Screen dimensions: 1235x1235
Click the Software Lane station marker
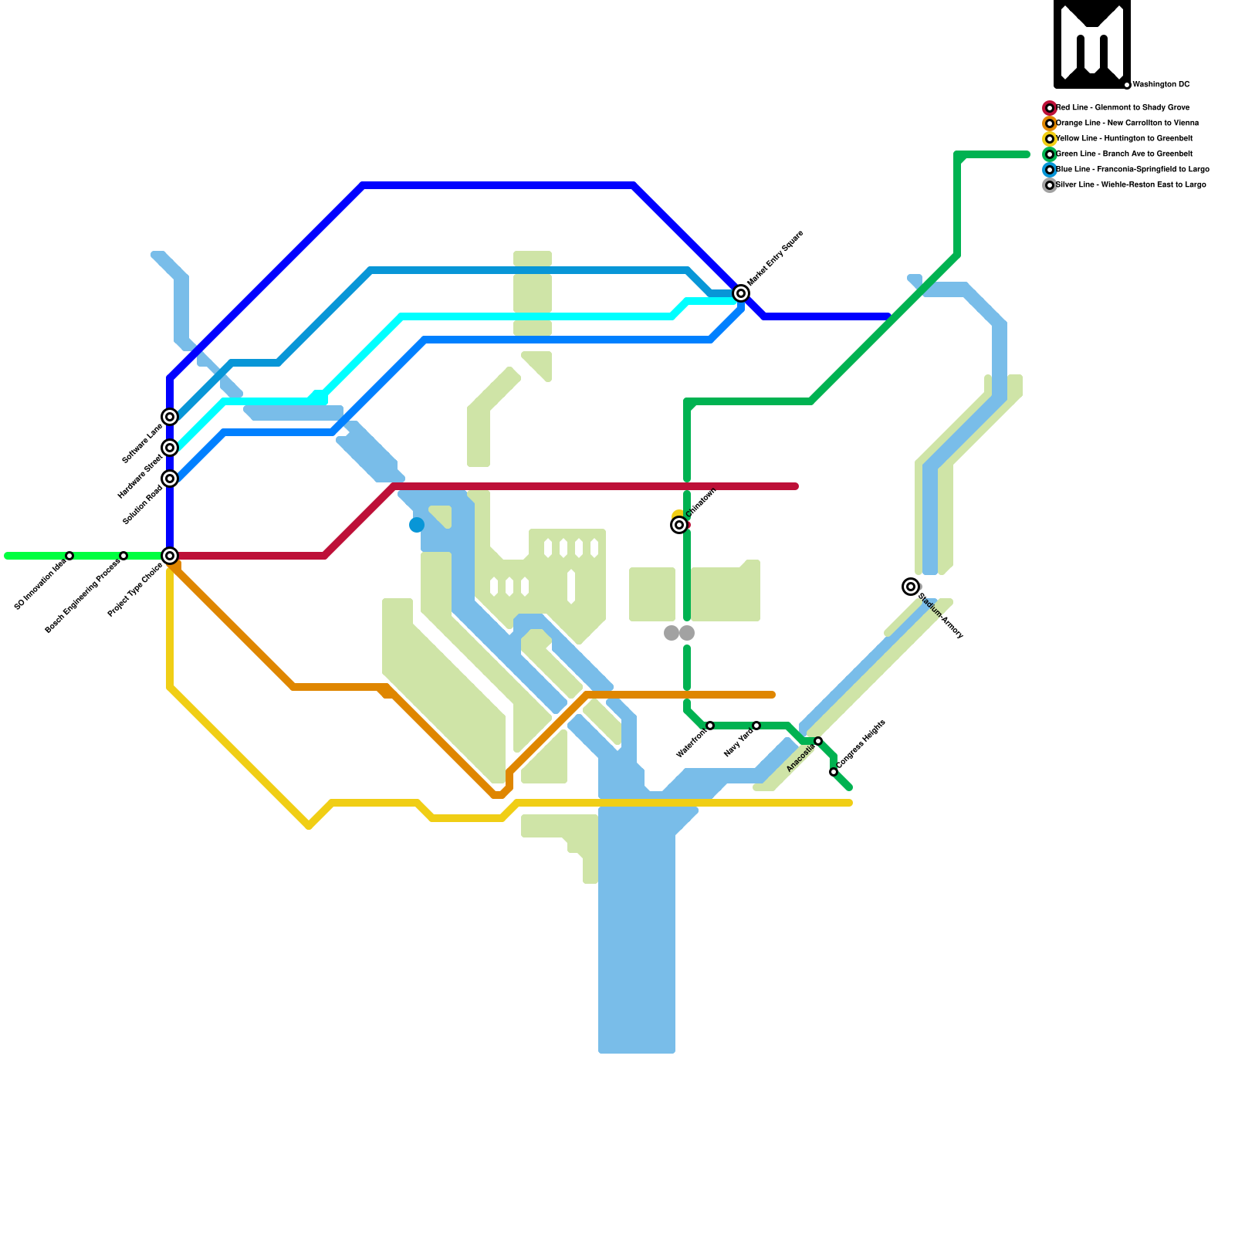click(170, 417)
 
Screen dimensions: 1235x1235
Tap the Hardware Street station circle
click(170, 448)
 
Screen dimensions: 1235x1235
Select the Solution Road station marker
click(170, 479)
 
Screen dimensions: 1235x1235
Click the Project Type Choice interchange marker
click(170, 556)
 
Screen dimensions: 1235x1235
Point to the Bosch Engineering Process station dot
click(123, 556)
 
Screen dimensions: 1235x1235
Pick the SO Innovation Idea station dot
click(69, 556)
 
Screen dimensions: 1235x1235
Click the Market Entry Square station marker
click(741, 293)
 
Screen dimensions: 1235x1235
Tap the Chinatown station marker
click(679, 525)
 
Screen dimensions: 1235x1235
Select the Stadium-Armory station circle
click(911, 587)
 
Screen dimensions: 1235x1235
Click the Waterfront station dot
click(710, 726)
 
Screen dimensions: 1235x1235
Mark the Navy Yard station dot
click(756, 726)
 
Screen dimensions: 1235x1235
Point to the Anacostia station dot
click(818, 741)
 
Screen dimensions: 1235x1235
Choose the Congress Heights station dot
click(834, 772)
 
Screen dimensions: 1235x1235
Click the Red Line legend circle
click(1050, 108)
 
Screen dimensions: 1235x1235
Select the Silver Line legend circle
click(1050, 185)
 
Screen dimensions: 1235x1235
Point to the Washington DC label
click(1161, 85)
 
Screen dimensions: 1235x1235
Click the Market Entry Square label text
click(776, 258)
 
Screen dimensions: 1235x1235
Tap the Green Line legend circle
click(1050, 154)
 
